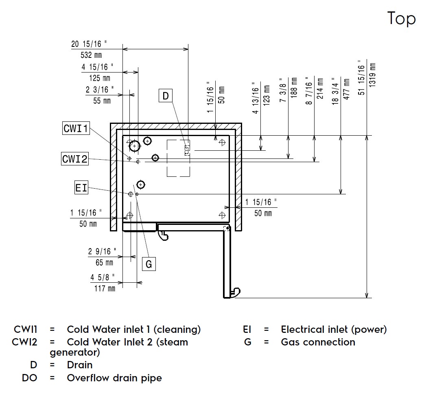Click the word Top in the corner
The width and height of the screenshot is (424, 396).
coord(401,19)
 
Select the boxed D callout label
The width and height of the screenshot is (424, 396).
coord(166,96)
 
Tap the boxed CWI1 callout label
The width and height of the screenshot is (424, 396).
coord(76,129)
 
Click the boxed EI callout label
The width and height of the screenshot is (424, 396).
coord(81,188)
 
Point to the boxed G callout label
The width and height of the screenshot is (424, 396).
coord(149,264)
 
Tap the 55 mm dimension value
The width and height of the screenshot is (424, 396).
coord(102,101)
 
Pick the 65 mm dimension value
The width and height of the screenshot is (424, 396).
coord(105,262)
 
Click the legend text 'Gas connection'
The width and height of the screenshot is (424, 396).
coord(318,342)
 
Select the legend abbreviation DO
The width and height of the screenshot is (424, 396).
coord(29,378)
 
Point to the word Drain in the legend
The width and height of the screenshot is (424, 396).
coord(80,365)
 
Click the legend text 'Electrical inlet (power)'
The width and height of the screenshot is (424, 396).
coord(334,329)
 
